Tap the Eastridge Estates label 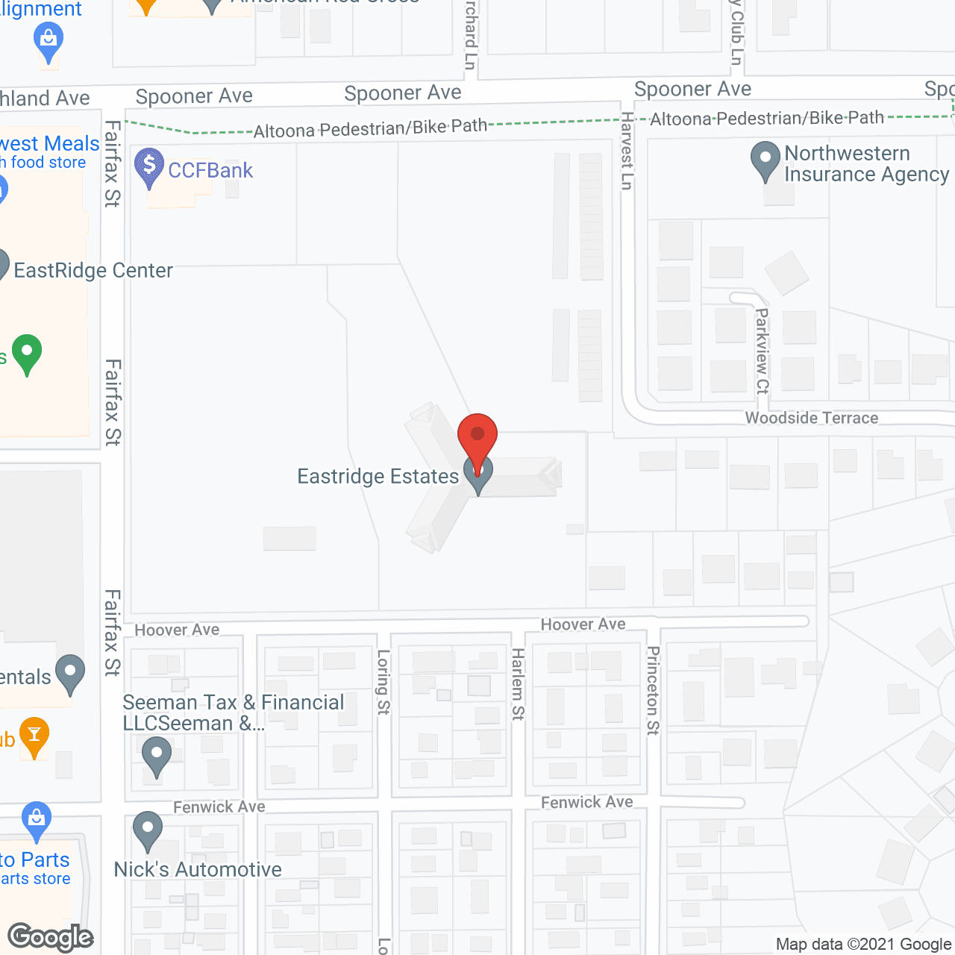[x=378, y=477]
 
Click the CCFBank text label [x=210, y=171]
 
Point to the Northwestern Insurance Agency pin [x=765, y=160]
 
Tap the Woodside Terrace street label [x=812, y=418]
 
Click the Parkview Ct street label [x=762, y=351]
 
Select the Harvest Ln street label [x=627, y=151]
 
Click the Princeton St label [x=653, y=690]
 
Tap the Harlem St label [x=518, y=684]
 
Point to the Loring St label [x=383, y=682]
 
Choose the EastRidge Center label [x=93, y=270]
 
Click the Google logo [x=51, y=937]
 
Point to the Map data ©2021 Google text [x=864, y=945]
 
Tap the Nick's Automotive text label [x=198, y=870]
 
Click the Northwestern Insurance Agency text [x=865, y=164]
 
